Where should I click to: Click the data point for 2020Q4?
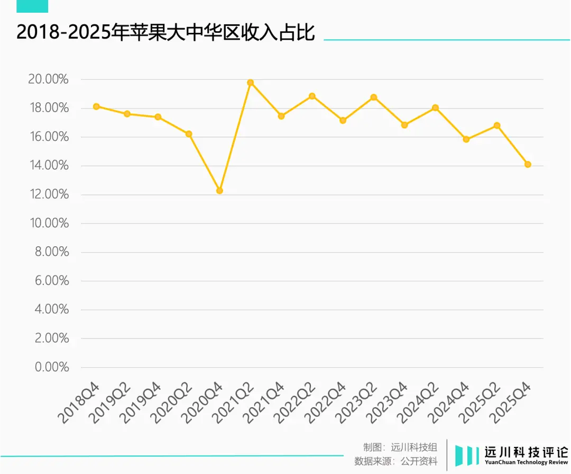(219, 190)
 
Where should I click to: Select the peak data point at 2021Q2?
(251, 83)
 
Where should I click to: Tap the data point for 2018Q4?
(96, 106)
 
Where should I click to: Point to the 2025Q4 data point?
(528, 164)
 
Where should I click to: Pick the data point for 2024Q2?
(435, 108)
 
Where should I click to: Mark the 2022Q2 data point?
(312, 96)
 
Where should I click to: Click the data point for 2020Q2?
(189, 134)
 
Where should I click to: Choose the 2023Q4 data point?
(404, 125)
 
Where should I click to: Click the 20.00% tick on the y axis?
(48, 79)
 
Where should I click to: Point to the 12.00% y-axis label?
(48, 194)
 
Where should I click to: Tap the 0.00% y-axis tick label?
(52, 367)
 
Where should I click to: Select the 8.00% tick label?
(52, 252)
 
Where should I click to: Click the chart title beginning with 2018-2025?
(165, 33)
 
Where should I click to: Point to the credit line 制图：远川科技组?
(400, 448)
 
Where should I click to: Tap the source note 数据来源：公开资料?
(396, 461)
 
